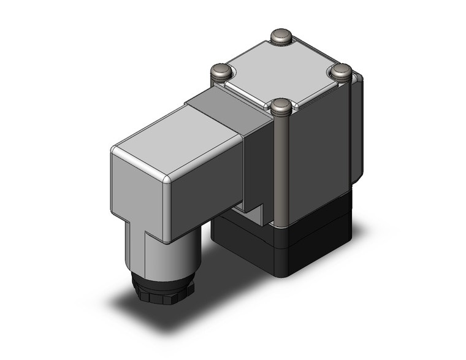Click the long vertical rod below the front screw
[x=283, y=172]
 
